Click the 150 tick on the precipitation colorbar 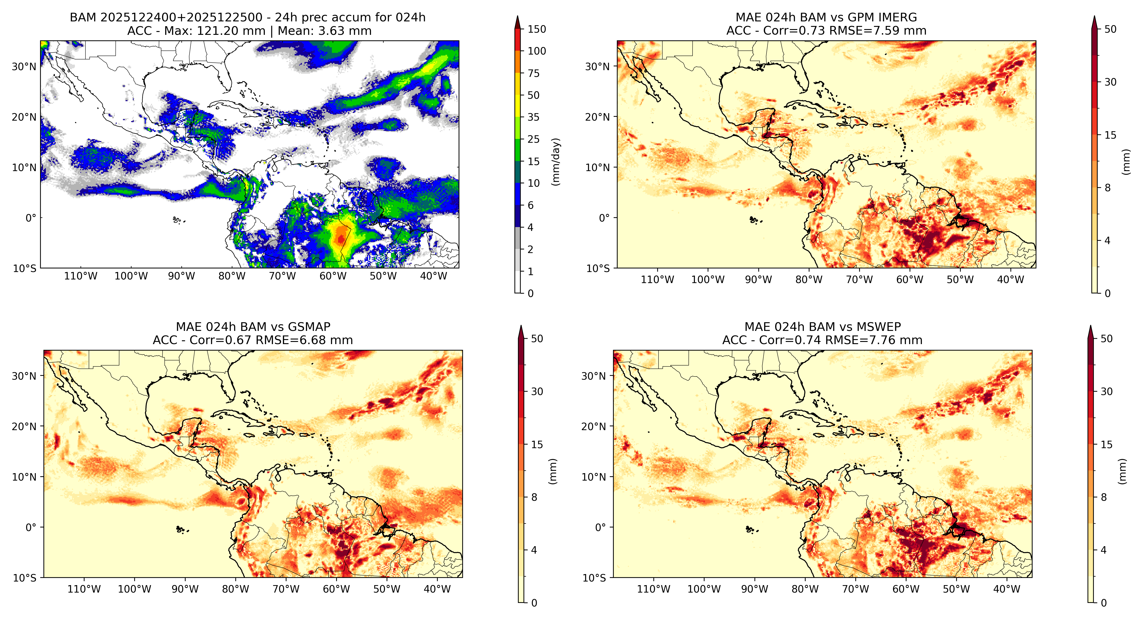pos(536,29)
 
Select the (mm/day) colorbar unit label pos(555,162)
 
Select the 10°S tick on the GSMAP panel pos(24,578)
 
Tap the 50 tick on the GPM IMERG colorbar pos(1110,29)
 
